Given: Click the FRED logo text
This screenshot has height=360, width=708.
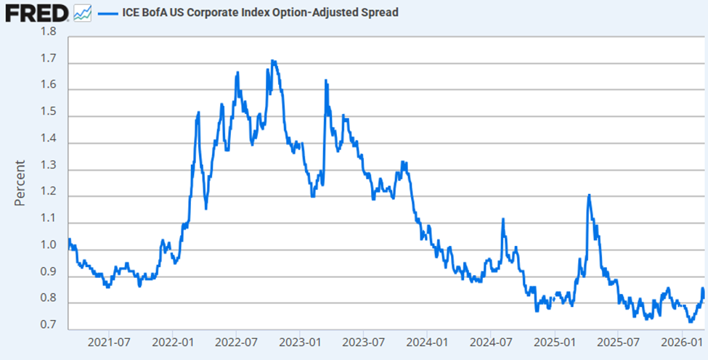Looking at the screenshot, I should coord(35,12).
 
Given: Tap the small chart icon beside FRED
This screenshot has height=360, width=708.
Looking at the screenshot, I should coord(82,12).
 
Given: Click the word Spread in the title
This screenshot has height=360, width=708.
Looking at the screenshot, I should coord(379,12).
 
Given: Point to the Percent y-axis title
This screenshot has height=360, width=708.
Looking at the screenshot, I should coord(20,182).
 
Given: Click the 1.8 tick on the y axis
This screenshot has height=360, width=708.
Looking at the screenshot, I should coord(48,32).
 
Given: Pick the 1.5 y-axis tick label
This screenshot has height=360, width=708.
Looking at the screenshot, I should coord(48,117).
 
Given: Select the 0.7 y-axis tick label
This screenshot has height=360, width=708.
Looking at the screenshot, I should coord(48,324).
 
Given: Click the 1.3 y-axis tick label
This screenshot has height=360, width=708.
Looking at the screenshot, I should coord(48,170).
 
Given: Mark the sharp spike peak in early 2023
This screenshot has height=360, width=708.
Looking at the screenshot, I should coord(325,80).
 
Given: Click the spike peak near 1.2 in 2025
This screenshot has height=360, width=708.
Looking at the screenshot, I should coord(589,195).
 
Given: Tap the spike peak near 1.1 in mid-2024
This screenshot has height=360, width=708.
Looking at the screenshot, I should coord(502,218).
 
